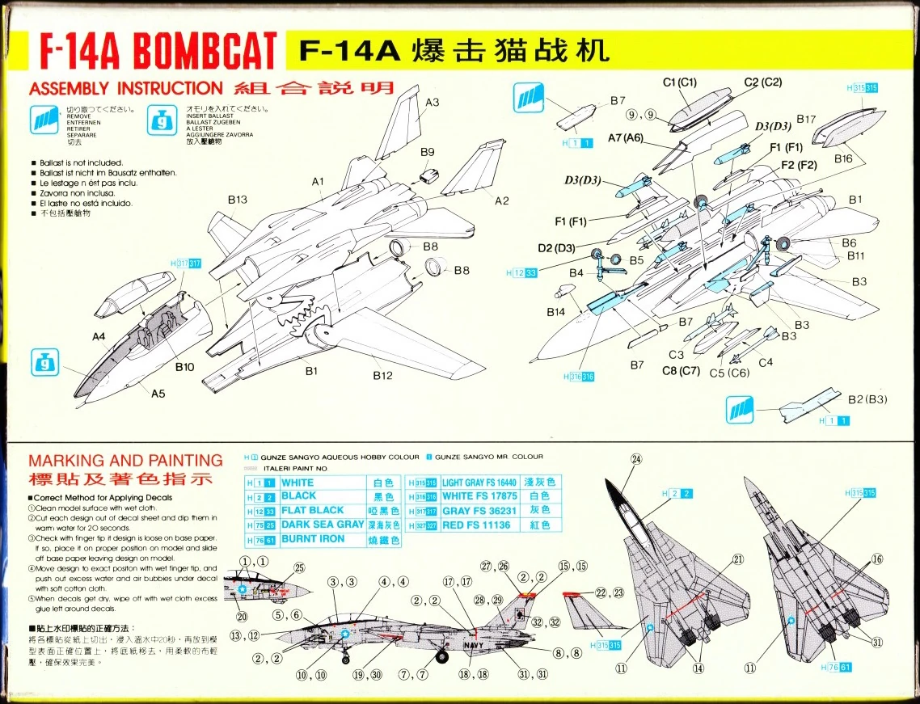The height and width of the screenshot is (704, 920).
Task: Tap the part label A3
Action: [433, 103]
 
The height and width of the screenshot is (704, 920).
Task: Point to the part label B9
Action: [427, 152]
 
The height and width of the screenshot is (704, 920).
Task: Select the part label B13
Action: [237, 199]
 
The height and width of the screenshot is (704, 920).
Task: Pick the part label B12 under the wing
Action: [382, 375]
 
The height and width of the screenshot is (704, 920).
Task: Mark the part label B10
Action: [184, 367]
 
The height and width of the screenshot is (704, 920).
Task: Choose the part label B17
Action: [806, 119]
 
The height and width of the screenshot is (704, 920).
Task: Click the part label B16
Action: [843, 159]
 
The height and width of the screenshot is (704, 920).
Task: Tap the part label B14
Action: [555, 312]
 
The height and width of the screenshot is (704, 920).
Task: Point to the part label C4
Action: [765, 362]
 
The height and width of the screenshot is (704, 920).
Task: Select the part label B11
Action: [856, 256]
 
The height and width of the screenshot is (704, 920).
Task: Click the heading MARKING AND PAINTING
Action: [125, 461]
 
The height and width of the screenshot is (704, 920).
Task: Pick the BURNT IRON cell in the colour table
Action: [313, 539]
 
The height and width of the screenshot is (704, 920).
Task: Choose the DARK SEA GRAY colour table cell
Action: [323, 525]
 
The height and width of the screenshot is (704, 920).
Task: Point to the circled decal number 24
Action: [636, 459]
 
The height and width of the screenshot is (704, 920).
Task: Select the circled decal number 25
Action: [300, 568]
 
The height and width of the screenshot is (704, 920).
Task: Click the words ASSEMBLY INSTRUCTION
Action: [125, 89]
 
